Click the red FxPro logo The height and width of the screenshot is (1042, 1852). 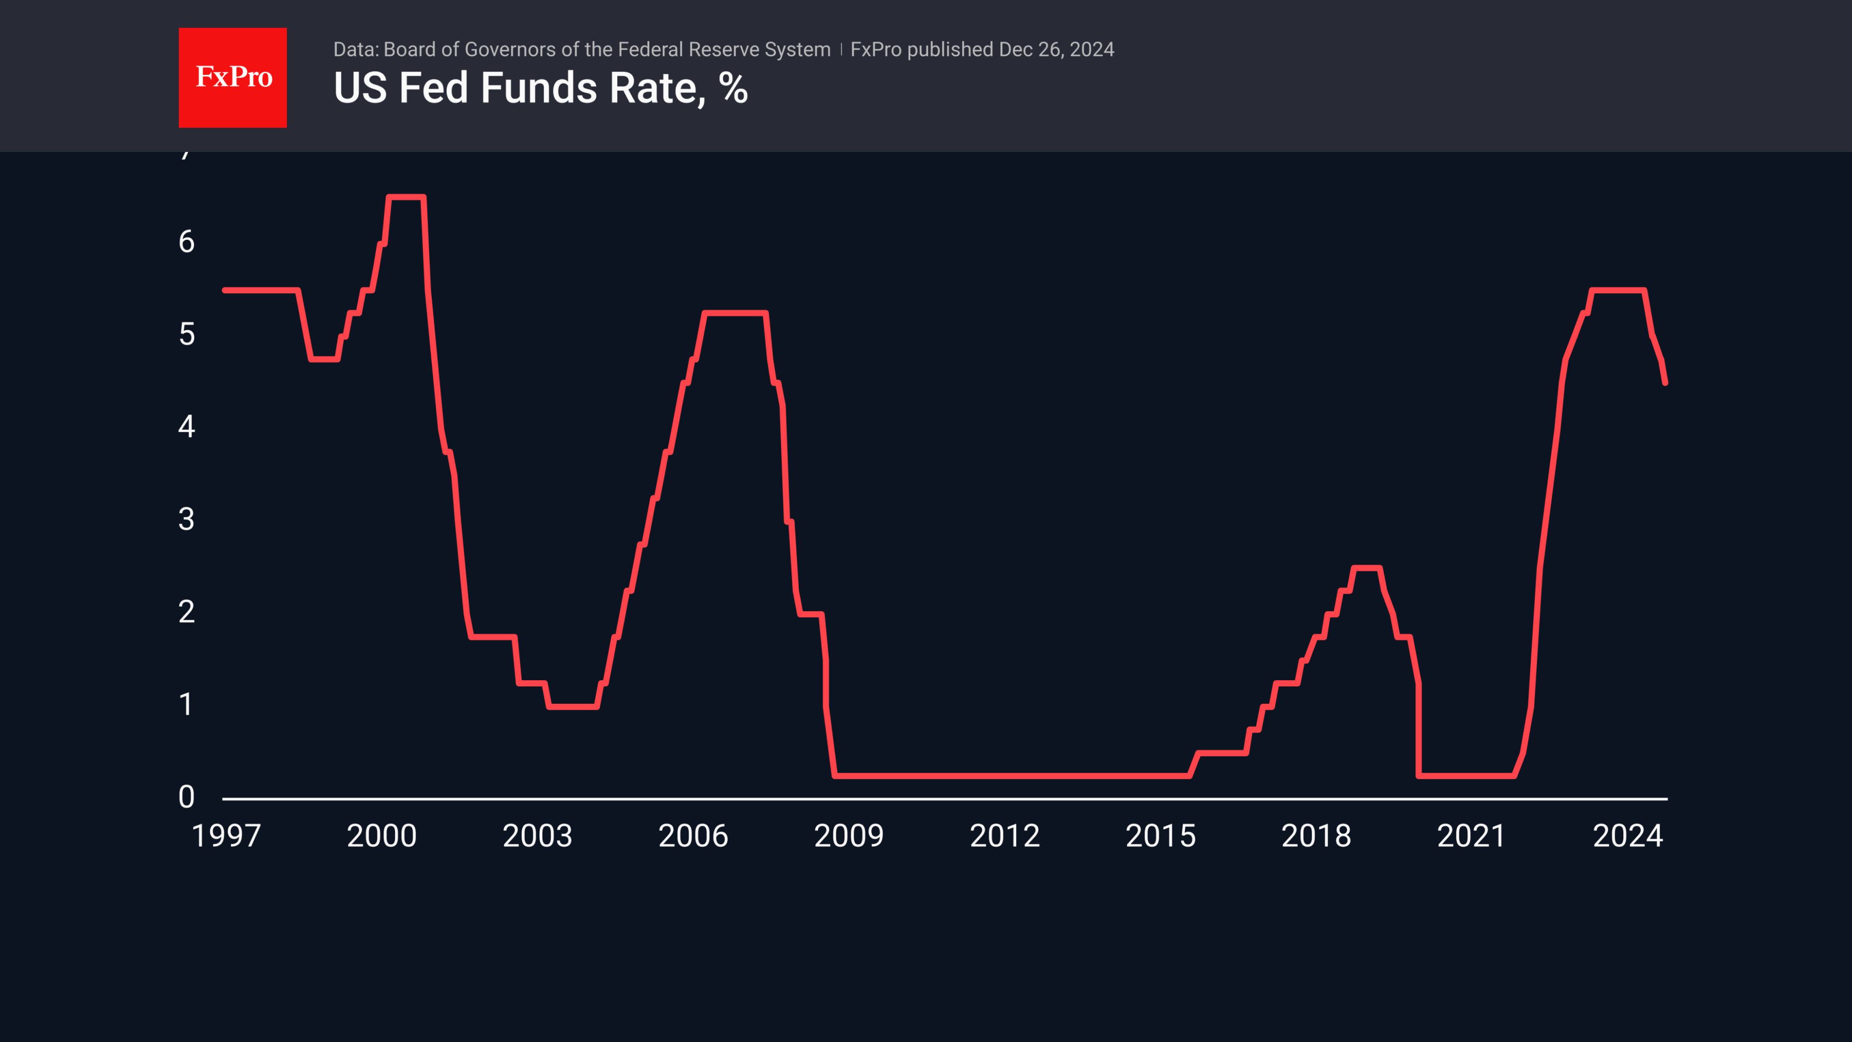[x=232, y=78]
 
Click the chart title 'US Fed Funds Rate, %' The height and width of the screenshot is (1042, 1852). [x=541, y=88]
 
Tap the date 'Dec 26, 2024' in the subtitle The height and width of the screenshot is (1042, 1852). [x=1056, y=50]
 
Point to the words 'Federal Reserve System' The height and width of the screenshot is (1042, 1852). [x=724, y=50]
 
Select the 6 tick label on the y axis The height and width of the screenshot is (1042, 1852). [x=186, y=242]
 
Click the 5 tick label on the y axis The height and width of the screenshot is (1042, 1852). [x=186, y=334]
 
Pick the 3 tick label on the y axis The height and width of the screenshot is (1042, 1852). [x=186, y=519]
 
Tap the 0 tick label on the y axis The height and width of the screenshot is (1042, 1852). [x=186, y=797]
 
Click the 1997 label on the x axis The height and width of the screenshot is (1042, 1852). [x=226, y=836]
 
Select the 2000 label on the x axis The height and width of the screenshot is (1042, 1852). [x=382, y=836]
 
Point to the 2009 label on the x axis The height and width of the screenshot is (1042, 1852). [x=848, y=836]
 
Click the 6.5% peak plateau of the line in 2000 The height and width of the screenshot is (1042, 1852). [x=406, y=197]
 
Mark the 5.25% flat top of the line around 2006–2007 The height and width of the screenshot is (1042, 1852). [x=735, y=313]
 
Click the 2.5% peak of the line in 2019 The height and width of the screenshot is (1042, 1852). [x=1366, y=568]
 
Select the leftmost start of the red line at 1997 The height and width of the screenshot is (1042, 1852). [x=226, y=290]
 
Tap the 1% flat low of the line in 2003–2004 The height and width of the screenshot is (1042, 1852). [x=572, y=707]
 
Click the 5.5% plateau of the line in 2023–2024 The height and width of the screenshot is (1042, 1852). [x=1618, y=290]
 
